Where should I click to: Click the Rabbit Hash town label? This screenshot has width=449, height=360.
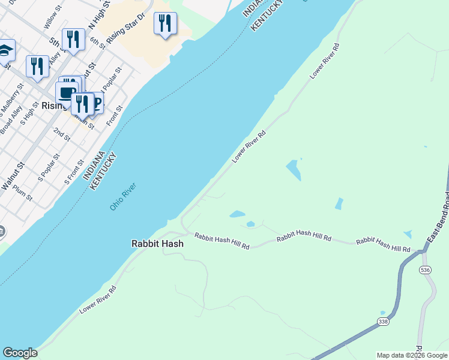pyautogui.click(x=157, y=244)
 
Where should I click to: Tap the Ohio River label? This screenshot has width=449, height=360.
pyautogui.click(x=122, y=196)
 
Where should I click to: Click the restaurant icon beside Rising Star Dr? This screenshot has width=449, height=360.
pyautogui.click(x=164, y=24)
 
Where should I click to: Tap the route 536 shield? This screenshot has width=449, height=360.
pyautogui.click(x=426, y=271)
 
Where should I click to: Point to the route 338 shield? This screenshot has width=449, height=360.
pyautogui.click(x=383, y=322)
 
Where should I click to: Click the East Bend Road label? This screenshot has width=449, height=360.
pyautogui.click(x=438, y=217)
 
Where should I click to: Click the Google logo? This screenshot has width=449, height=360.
pyautogui.click(x=20, y=353)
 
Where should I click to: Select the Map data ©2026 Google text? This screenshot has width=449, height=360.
pyautogui.click(x=412, y=355)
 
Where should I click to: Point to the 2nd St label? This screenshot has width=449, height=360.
pyautogui.click(x=61, y=134)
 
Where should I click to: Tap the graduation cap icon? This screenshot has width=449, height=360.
pyautogui.click(x=5, y=51)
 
